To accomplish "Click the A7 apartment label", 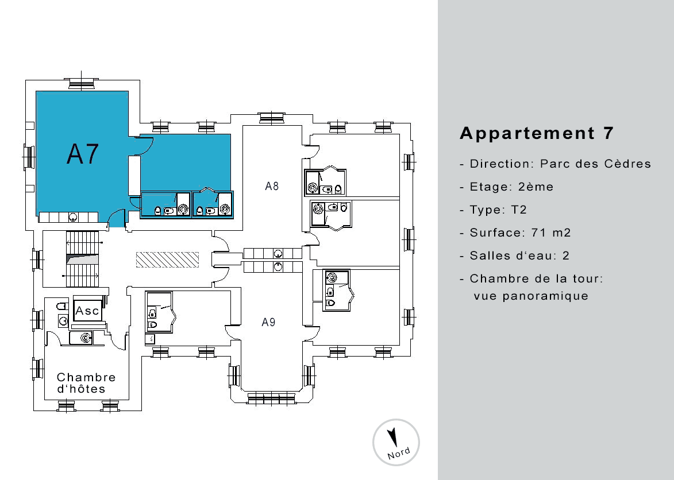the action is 83,154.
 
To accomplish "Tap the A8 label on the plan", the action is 272,186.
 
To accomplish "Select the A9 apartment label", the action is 269,322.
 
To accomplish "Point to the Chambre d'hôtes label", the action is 86,383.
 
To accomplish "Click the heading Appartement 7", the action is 537,133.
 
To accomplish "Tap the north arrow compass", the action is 396,442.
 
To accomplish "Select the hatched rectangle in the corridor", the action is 168,260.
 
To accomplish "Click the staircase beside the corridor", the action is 82,260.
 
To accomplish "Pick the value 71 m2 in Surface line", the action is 551,233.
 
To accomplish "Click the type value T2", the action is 519,210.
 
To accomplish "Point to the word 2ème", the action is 536,187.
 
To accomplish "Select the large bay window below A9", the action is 272,398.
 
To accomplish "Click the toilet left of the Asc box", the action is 62,306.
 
